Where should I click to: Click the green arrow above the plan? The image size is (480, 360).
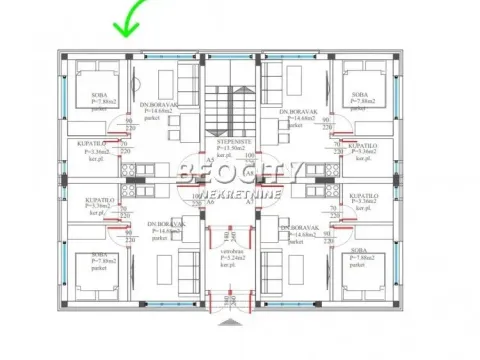point(127,19)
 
